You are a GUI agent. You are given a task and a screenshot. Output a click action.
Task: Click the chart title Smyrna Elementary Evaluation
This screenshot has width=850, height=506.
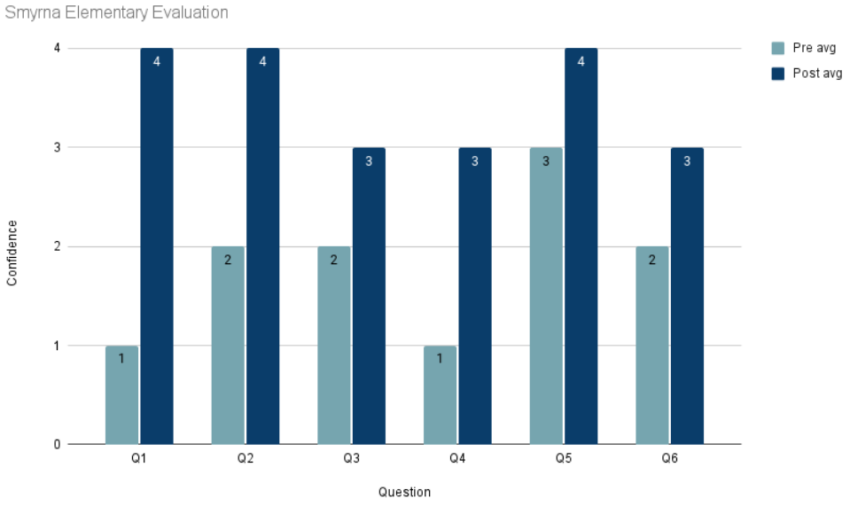pyautogui.click(x=116, y=12)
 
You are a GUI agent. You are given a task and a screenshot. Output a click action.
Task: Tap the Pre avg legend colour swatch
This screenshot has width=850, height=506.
pyautogui.click(x=778, y=48)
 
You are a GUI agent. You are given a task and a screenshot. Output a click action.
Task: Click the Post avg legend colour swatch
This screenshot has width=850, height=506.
pyautogui.click(x=778, y=74)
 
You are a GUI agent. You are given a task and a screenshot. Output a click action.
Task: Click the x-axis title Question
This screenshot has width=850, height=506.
pyautogui.click(x=404, y=492)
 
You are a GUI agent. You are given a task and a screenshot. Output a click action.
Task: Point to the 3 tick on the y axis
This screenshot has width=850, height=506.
pyautogui.click(x=57, y=147)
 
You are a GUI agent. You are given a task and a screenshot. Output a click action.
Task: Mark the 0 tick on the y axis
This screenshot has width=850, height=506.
pyautogui.click(x=57, y=444)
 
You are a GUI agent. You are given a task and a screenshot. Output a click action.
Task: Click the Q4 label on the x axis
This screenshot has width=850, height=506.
pyautogui.click(x=457, y=459)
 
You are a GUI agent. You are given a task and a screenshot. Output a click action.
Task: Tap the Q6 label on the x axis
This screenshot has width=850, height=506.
pyautogui.click(x=669, y=459)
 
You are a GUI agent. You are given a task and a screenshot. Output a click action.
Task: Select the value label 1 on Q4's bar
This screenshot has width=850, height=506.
pyautogui.click(x=440, y=359)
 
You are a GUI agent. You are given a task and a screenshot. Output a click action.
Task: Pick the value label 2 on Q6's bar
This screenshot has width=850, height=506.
pyautogui.click(x=651, y=260)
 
